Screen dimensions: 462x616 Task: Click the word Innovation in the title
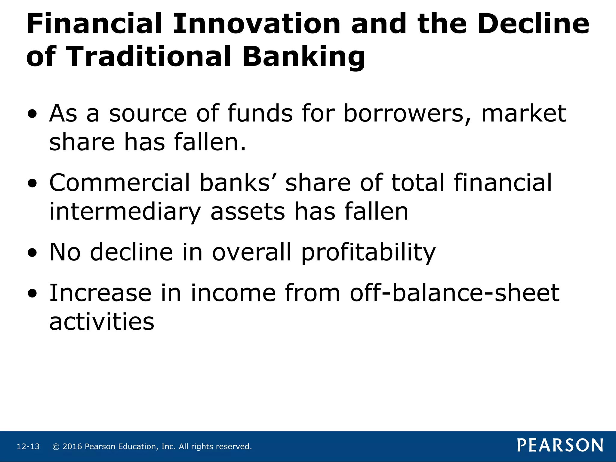[256, 24]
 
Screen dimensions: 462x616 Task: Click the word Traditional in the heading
[149, 57]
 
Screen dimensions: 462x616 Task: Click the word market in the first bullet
[524, 114]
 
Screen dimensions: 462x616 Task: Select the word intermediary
[125, 212]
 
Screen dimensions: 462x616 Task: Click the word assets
[247, 212]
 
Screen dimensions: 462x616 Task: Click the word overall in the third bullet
[252, 252]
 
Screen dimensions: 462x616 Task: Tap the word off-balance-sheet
[454, 293]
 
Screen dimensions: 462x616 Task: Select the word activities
[102, 322]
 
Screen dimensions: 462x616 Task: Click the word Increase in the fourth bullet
[100, 293]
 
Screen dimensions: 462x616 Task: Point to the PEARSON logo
[560, 445]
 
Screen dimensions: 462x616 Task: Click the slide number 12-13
[28, 447]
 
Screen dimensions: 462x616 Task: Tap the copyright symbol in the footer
[56, 447]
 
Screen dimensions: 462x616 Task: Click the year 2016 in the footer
[72, 447]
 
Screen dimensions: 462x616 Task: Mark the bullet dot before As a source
[32, 115]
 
